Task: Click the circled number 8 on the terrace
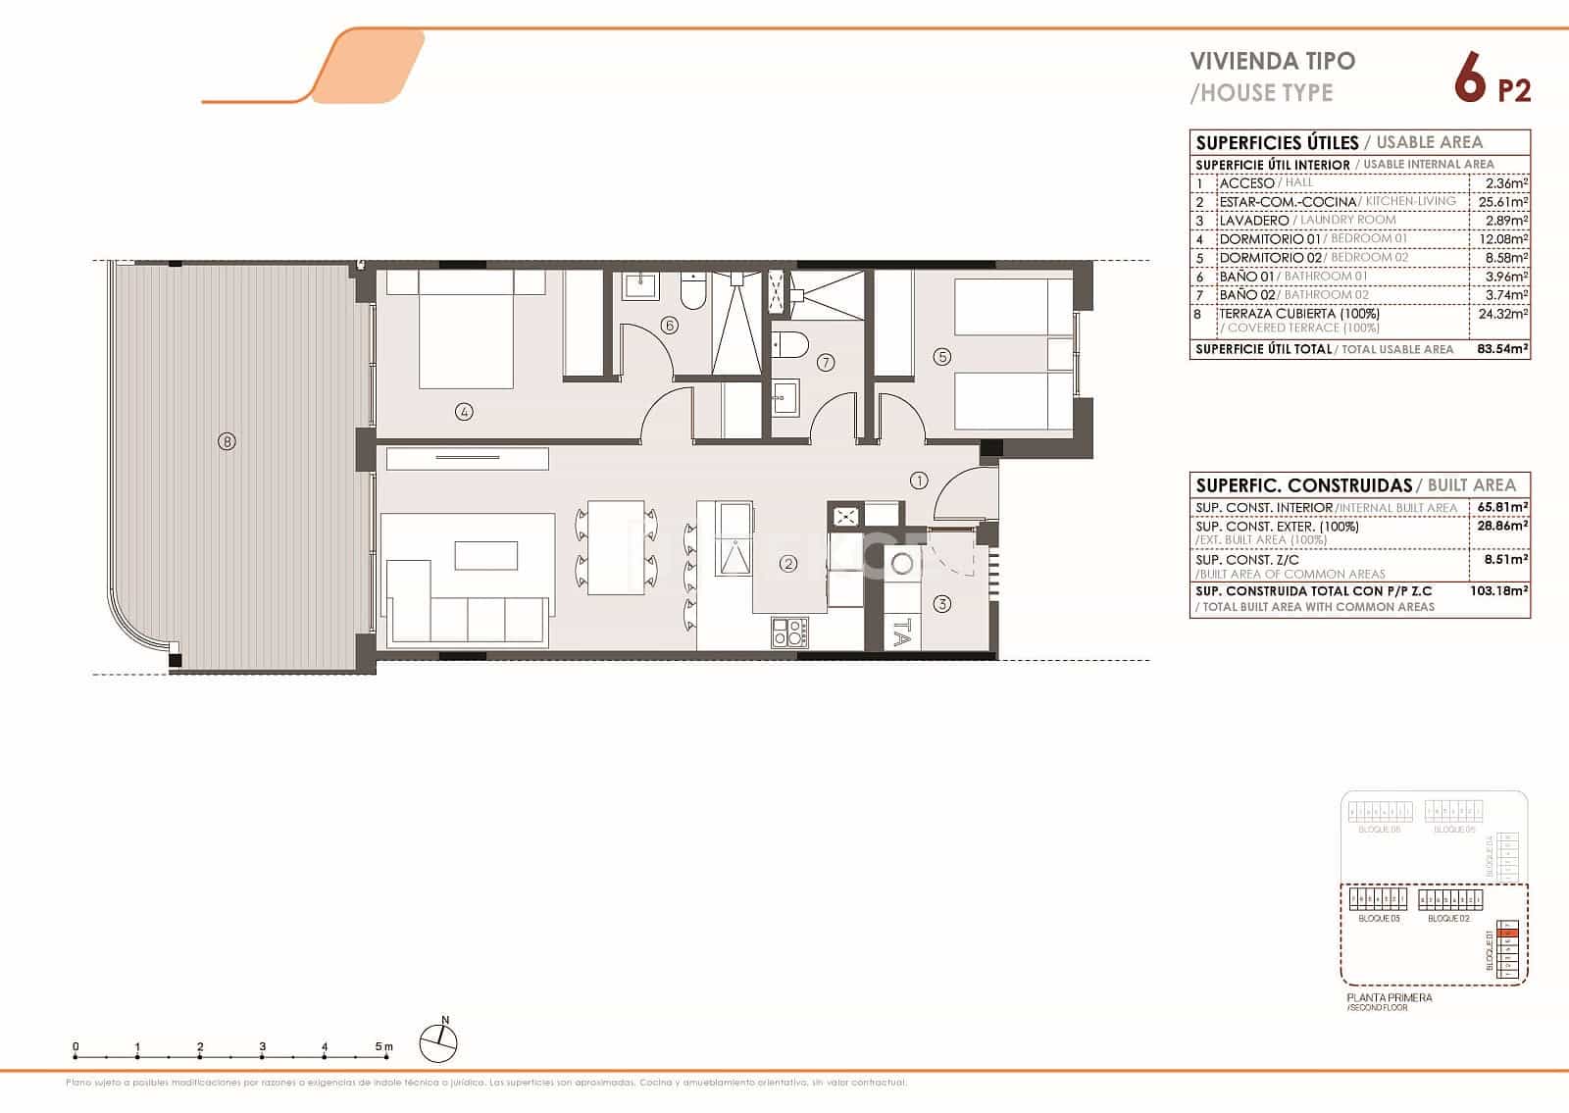coord(227,441)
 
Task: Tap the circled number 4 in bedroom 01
coord(464,412)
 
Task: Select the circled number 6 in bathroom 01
coord(670,325)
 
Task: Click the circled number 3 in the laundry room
coord(941,604)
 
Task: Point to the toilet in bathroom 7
coord(788,344)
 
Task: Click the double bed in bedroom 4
coord(466,333)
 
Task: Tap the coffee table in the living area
coord(485,555)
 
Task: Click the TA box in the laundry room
coord(900,632)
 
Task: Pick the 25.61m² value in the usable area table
coord(1503,202)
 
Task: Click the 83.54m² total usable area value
coord(1502,349)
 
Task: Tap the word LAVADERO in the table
coord(1253,221)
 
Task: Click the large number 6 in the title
coord(1468,78)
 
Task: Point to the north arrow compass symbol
coord(438,1042)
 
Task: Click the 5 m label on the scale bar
coord(384,1047)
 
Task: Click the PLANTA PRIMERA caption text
coord(1389,997)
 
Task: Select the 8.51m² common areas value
coord(1503,560)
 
